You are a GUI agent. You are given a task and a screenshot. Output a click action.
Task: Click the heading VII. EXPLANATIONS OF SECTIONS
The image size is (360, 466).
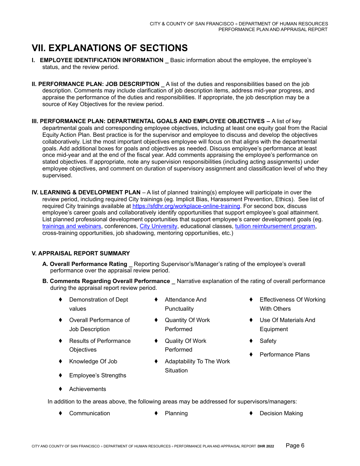110,48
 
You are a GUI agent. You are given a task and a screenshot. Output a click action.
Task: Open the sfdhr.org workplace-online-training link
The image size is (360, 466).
186,206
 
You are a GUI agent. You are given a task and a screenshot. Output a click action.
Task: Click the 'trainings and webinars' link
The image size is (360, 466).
72,226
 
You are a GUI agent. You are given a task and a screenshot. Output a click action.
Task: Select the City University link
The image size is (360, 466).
158,226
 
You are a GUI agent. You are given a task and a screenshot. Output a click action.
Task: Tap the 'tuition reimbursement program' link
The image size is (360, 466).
275,226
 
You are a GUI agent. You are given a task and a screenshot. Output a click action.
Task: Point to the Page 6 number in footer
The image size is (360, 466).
295,446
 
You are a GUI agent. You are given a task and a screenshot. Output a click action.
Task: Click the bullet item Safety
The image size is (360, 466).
268,341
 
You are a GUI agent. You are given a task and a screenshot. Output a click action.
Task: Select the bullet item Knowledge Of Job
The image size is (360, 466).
93,361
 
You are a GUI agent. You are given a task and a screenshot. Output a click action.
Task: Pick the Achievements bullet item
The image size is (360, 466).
88,389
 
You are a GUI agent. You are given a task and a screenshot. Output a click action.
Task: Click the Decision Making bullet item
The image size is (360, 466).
281,413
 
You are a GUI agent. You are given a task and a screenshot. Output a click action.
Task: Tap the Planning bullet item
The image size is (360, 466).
176,413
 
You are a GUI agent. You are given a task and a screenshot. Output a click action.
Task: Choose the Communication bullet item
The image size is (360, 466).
89,413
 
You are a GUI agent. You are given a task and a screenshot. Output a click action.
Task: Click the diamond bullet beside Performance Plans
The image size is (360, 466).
251,355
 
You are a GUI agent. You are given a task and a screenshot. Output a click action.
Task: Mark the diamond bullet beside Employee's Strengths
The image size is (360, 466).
60,375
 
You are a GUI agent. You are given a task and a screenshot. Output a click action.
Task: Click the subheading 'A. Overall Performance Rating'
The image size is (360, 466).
88,264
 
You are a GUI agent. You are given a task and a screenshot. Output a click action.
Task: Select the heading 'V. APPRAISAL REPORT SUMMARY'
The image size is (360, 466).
81,253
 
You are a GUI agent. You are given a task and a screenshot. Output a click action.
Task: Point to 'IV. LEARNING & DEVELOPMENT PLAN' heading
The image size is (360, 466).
86,192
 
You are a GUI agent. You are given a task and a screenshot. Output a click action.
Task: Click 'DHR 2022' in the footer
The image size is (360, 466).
266,446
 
